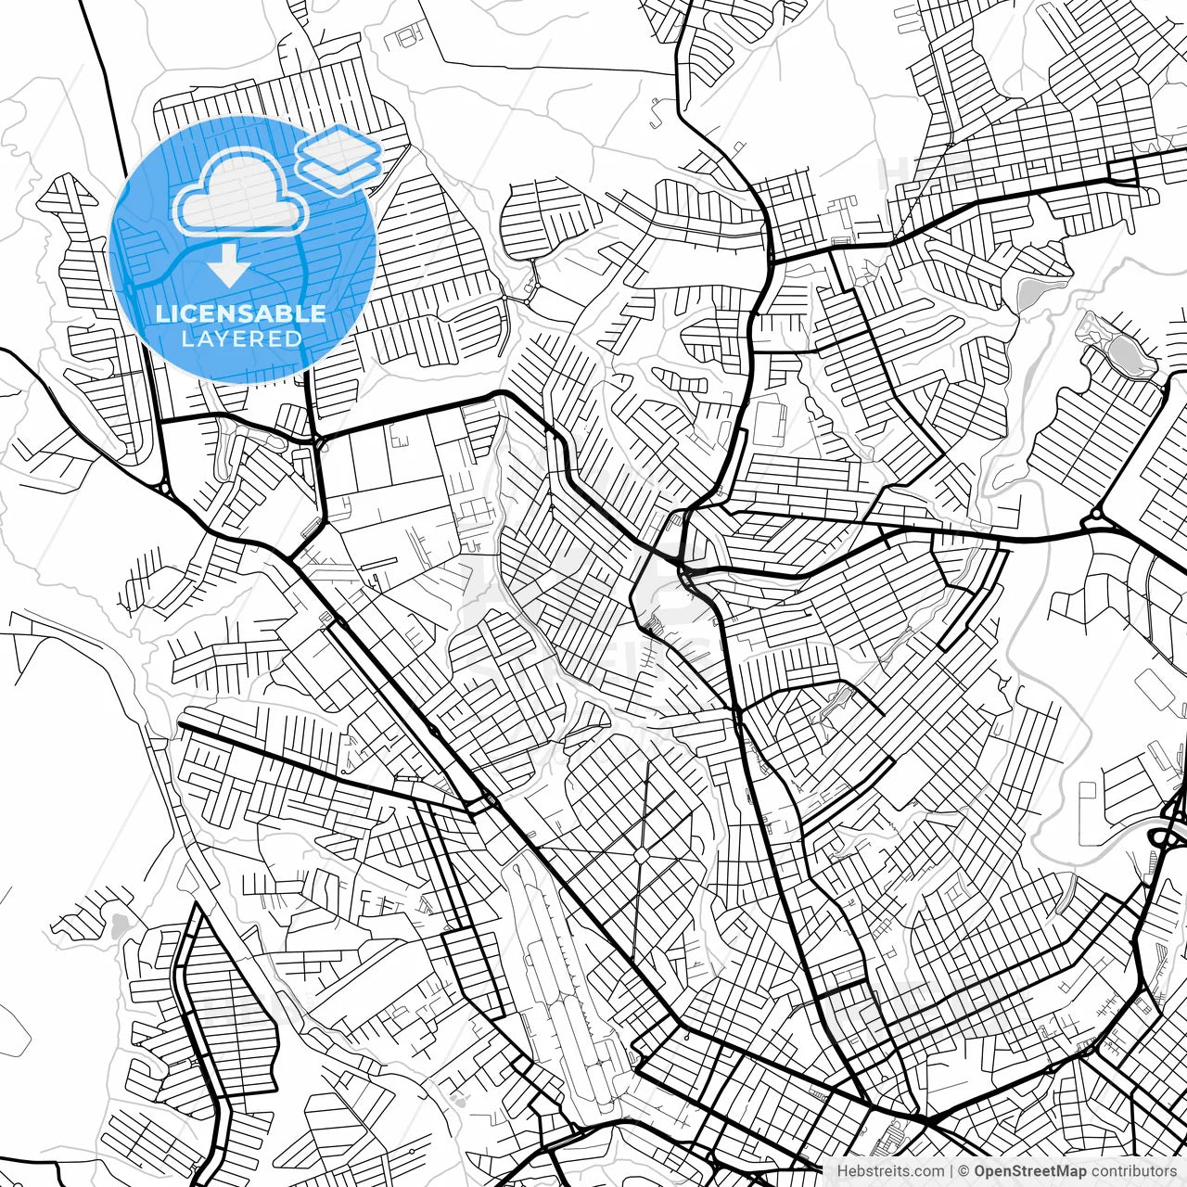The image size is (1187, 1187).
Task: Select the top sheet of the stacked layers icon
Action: pyautogui.click(x=339, y=144)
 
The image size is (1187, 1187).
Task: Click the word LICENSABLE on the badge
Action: pyautogui.click(x=241, y=313)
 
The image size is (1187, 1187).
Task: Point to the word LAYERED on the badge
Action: pyautogui.click(x=241, y=339)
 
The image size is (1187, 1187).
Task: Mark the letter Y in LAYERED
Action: pyautogui.click(x=220, y=339)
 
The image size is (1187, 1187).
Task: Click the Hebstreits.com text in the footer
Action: pyautogui.click(x=891, y=1171)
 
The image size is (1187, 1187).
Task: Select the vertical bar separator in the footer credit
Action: pyautogui.click(x=952, y=1171)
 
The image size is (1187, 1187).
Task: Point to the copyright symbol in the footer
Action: pyautogui.click(x=965, y=1171)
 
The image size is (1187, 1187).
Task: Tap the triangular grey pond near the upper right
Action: pyautogui.click(x=1030, y=293)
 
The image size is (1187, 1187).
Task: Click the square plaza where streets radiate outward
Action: pyautogui.click(x=642, y=851)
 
